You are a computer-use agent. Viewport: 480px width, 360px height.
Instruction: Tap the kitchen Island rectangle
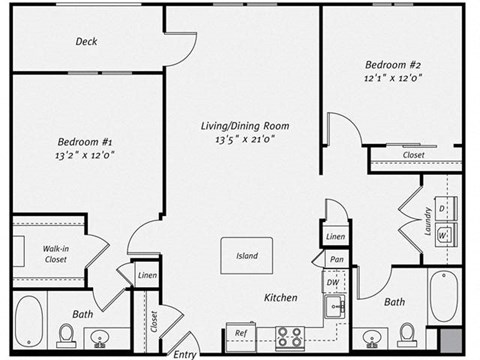coord(247,255)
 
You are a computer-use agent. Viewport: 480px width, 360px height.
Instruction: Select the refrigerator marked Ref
coord(241,333)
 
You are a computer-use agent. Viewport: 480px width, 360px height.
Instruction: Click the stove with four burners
coord(290,337)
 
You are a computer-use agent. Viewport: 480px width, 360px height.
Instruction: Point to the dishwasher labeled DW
coord(332,284)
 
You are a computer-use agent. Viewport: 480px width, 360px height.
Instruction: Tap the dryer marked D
coord(443,209)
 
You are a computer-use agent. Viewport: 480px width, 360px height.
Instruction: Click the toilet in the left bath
coord(67,333)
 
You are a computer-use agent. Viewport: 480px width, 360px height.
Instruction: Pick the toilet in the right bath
coord(407,333)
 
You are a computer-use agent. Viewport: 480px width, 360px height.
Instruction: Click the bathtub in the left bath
coord(29,320)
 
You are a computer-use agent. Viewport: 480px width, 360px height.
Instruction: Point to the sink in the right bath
coord(372,338)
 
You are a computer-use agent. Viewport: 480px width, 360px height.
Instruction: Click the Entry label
coord(185,353)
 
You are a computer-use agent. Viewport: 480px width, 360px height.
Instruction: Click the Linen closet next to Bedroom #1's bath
coord(147,275)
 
